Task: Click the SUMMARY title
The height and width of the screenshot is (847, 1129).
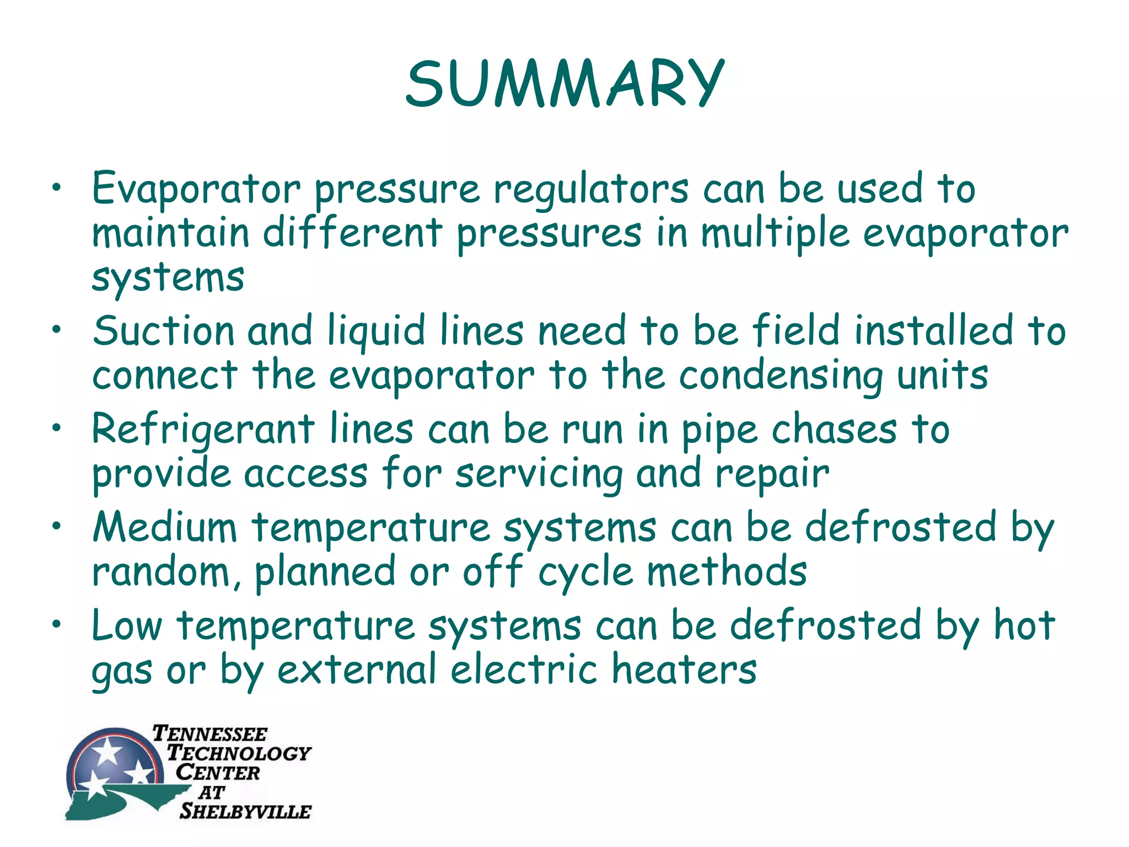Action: click(x=564, y=84)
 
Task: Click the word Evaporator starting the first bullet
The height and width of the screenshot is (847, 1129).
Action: click(x=196, y=189)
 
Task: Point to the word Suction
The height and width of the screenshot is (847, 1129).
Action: click(x=164, y=331)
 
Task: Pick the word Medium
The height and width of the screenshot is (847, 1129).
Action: click(x=165, y=528)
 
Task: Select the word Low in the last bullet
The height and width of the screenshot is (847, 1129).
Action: click(x=127, y=626)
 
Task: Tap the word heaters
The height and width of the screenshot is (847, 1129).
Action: click(x=684, y=670)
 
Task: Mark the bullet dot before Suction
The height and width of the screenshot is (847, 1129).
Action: click(x=56, y=330)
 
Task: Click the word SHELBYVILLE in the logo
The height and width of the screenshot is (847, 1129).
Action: click(x=245, y=811)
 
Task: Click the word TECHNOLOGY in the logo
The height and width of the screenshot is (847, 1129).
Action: click(x=239, y=753)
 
